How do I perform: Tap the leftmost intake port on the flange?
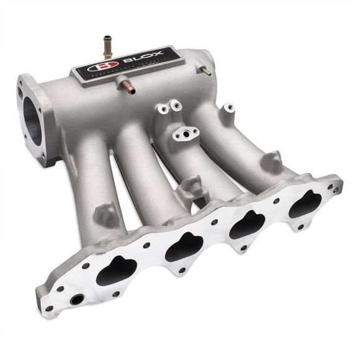click(116, 271)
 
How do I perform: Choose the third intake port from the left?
click(248, 224)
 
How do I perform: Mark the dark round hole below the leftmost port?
click(76, 300)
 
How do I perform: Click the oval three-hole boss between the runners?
click(186, 133)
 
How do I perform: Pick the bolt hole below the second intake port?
click(182, 270)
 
